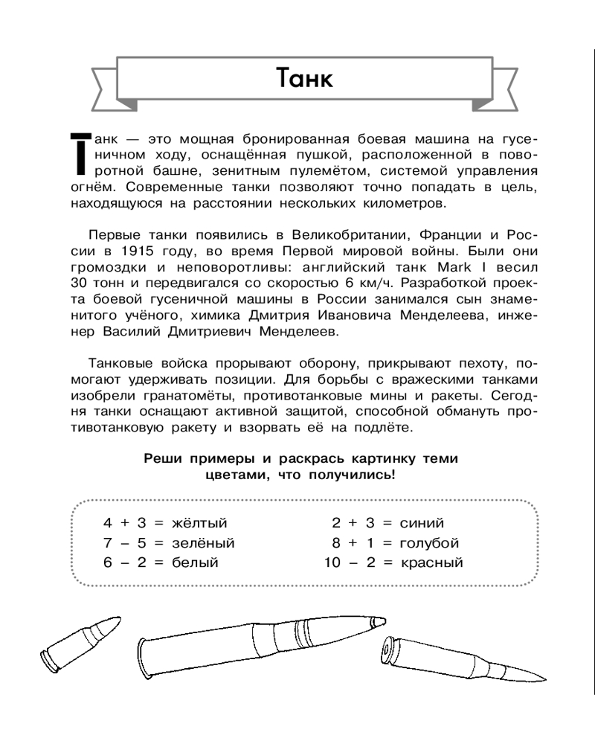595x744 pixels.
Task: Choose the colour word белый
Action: click(x=193, y=562)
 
